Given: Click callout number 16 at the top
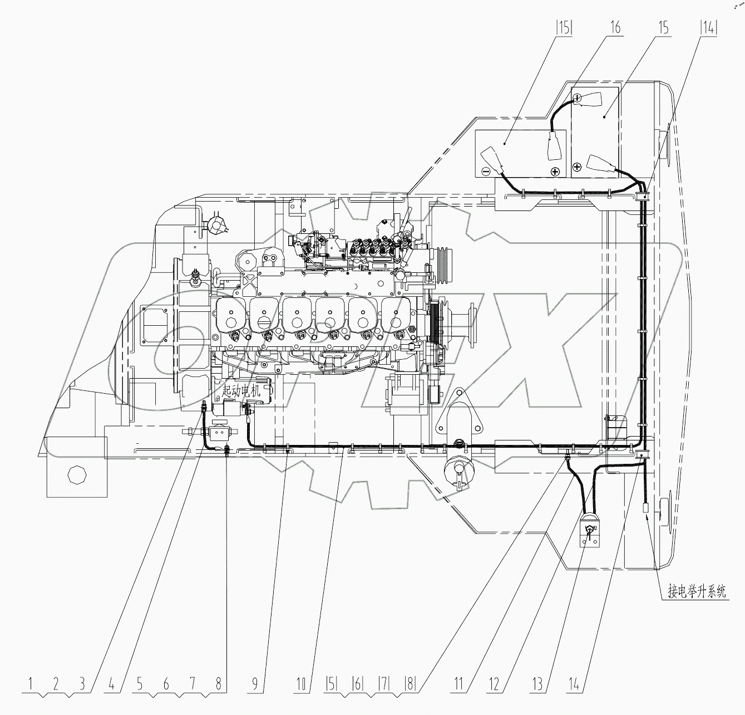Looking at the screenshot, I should (x=615, y=27).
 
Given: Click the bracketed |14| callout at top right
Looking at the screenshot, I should (x=708, y=27).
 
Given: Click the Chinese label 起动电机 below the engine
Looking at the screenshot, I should (x=241, y=392).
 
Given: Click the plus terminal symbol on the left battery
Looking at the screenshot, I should (x=554, y=171).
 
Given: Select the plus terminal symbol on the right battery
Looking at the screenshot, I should (x=577, y=165).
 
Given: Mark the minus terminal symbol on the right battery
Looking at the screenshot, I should (x=578, y=98).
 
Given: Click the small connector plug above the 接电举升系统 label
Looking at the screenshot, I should (x=646, y=507).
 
